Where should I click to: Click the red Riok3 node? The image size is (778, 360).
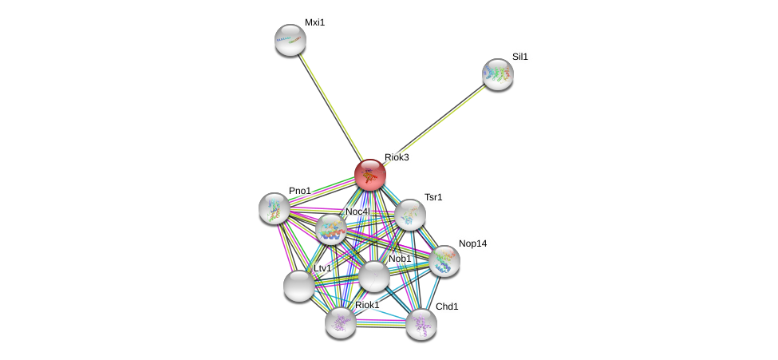369,174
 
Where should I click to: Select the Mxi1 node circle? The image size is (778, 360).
290,40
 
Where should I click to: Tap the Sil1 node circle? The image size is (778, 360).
497,74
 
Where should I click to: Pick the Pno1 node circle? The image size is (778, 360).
274,208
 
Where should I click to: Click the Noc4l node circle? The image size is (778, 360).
330,229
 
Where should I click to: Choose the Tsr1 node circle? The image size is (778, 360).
409,214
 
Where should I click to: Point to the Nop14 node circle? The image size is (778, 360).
444,260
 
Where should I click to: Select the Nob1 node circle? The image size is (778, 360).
373,276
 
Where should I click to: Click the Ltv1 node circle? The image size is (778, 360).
299,285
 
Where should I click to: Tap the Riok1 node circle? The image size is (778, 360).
341,322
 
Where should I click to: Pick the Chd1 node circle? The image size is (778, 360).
421,323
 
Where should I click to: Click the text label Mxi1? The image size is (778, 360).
314,22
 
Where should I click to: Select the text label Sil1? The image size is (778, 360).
520,57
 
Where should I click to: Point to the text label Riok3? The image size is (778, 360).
397,157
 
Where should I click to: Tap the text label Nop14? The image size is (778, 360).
472,243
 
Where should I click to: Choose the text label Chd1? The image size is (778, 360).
447,307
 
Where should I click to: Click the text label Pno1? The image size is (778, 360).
300,191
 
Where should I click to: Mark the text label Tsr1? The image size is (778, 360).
433,197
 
